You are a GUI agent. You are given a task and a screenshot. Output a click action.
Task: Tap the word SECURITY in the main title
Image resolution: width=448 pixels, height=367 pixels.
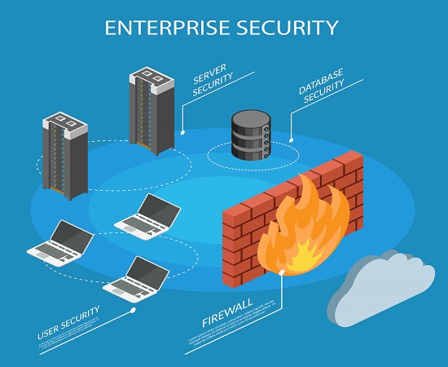(x=285, y=28)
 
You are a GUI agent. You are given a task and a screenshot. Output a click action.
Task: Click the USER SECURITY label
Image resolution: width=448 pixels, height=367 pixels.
(x=68, y=322)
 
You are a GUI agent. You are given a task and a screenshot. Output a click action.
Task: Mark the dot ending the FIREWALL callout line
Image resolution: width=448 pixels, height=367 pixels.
(x=282, y=276)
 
